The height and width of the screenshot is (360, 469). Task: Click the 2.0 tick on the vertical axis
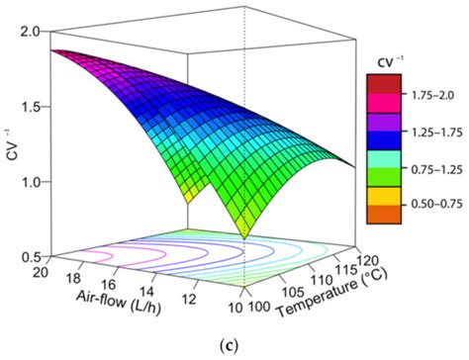coord(25,31)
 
